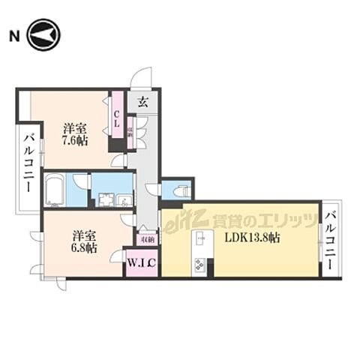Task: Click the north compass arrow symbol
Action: click(x=43, y=34)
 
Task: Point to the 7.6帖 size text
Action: click(x=74, y=139)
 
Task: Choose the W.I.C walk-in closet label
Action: click(x=141, y=264)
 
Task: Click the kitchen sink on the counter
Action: click(x=201, y=239)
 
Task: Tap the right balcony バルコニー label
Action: click(x=331, y=241)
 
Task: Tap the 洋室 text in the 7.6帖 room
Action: click(x=74, y=127)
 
